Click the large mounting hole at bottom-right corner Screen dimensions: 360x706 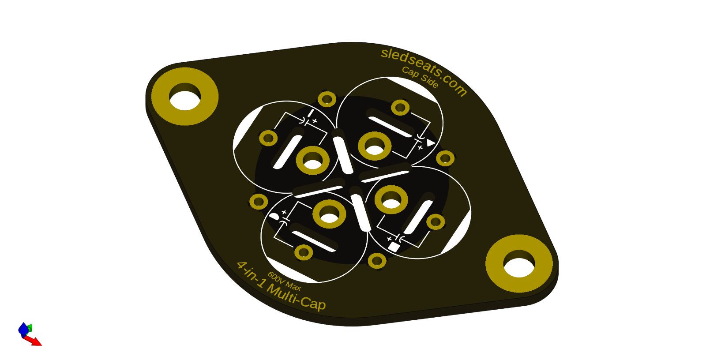(519, 264)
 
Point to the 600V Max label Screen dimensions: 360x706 (284, 281)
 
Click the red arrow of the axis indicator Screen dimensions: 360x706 (34, 341)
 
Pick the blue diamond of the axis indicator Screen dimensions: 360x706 (23, 329)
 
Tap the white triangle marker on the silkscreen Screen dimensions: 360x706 (430, 142)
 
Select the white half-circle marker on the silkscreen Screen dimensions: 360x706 (274, 216)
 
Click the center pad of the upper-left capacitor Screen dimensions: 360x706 (312, 161)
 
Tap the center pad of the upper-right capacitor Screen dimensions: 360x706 (375, 146)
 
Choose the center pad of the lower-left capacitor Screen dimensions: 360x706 (329, 214)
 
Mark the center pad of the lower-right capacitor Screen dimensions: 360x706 (391, 199)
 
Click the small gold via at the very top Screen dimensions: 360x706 (327, 99)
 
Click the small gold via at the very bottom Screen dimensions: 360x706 (377, 261)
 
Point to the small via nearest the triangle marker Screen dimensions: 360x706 (445, 158)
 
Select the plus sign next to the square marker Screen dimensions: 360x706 (389, 239)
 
